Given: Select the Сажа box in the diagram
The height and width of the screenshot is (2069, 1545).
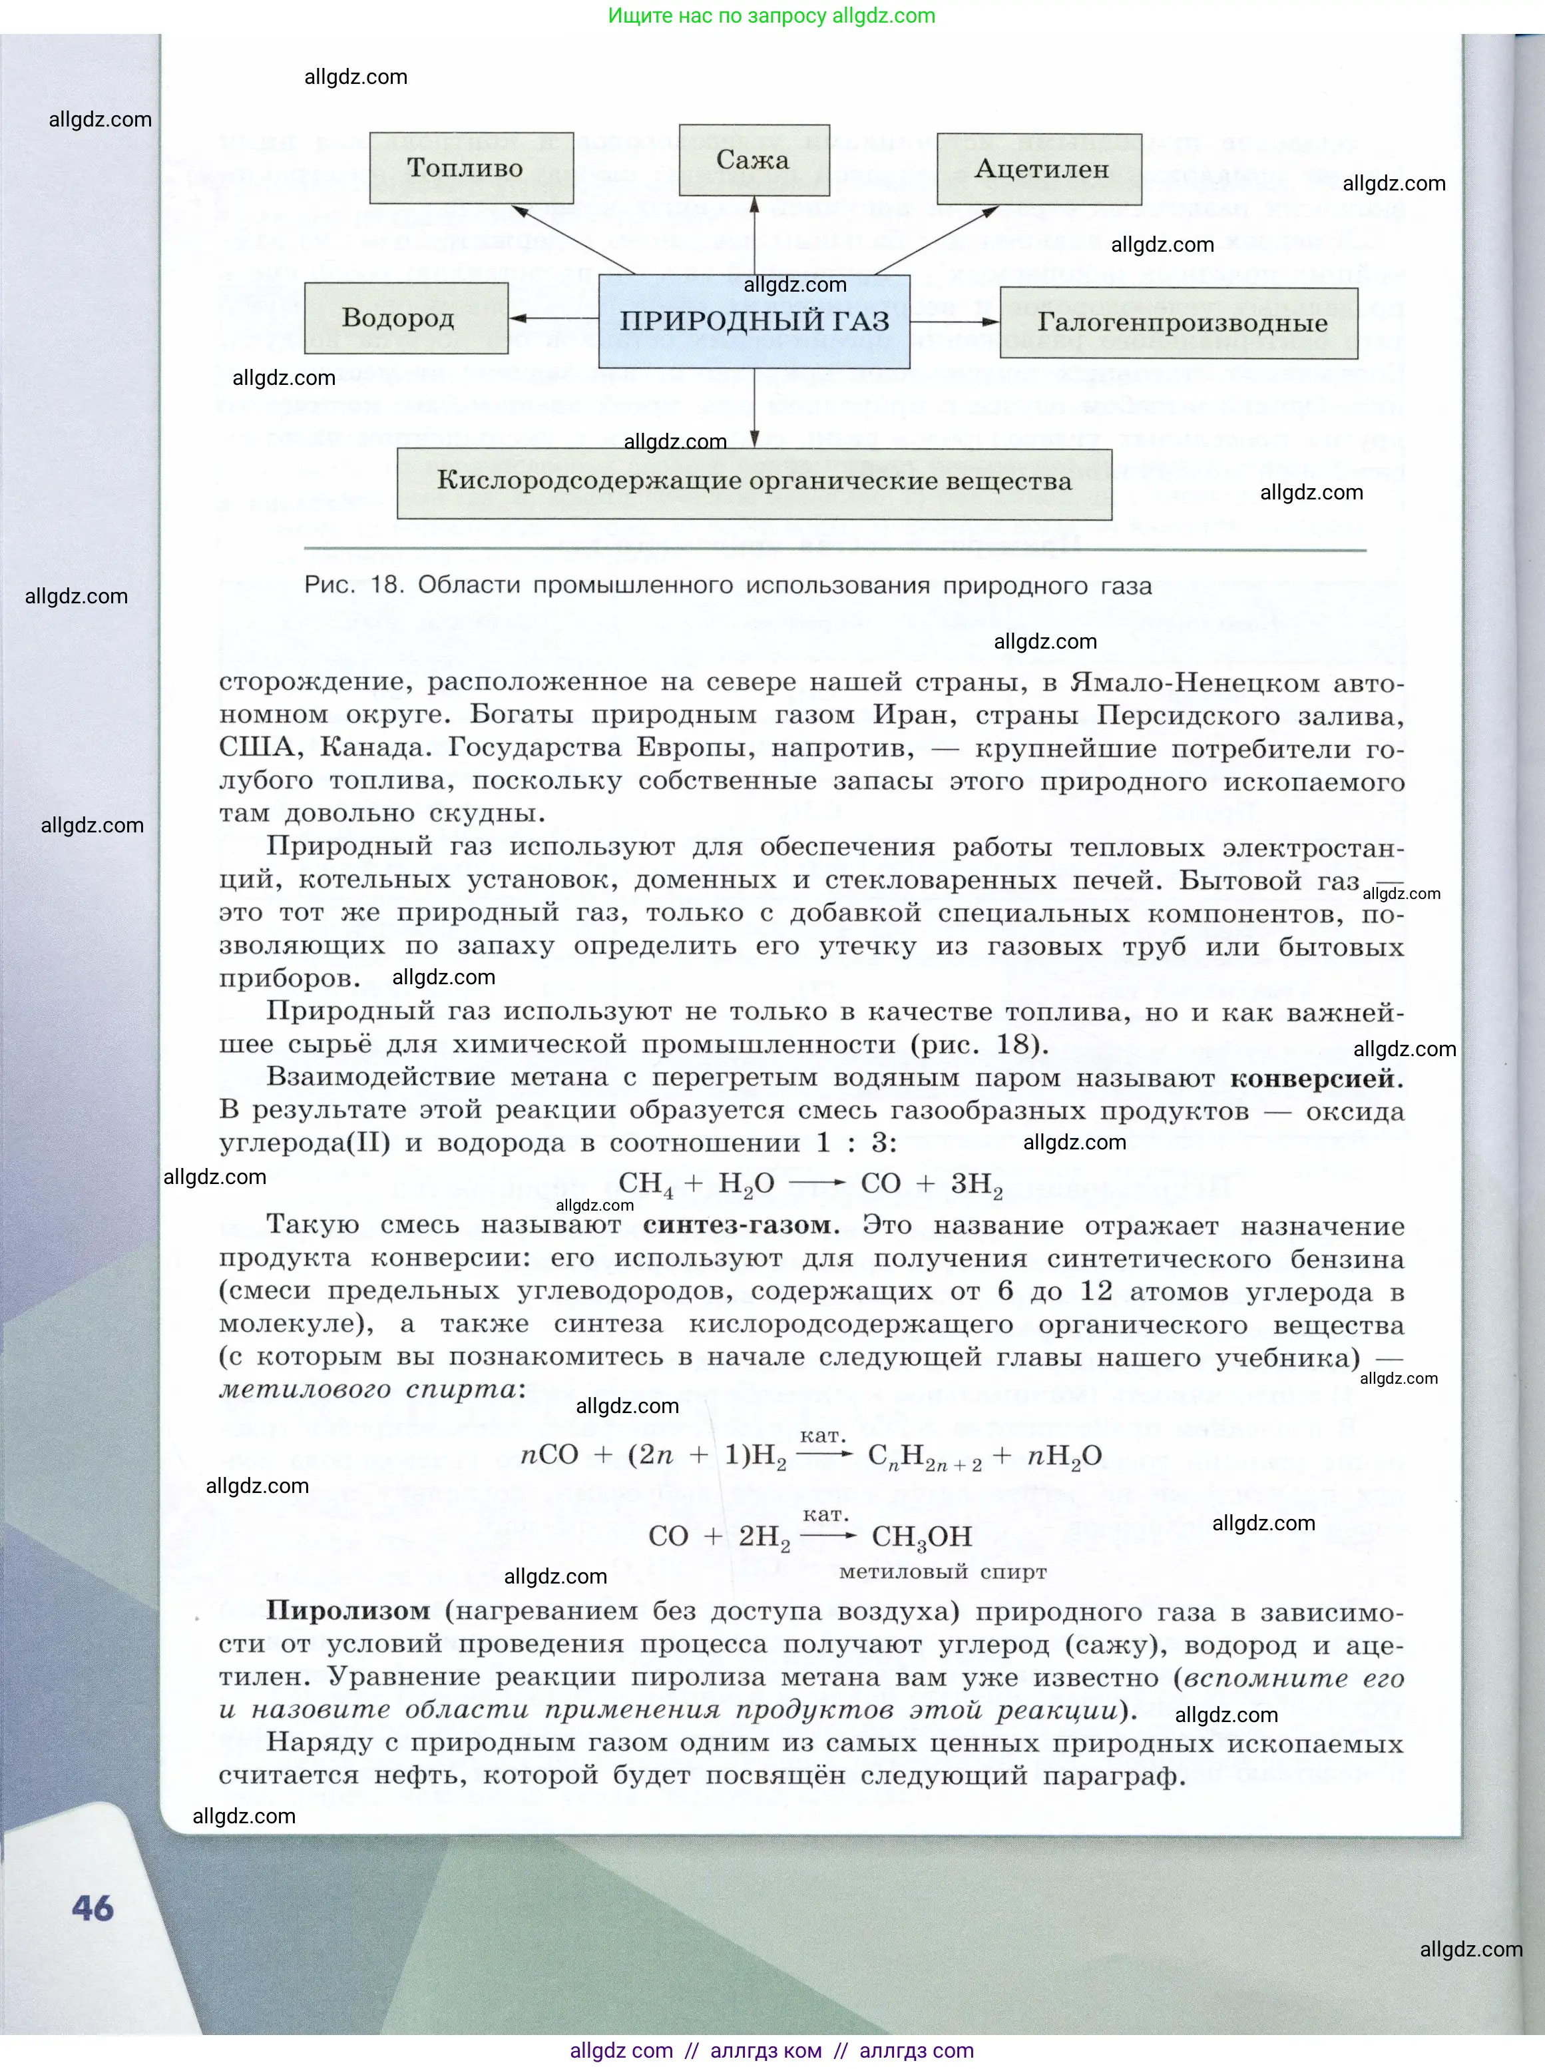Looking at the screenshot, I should tap(754, 160).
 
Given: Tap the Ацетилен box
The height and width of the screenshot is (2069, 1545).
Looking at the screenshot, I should tap(1039, 169).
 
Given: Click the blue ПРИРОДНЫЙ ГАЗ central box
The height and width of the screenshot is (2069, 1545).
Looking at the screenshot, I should tap(754, 322).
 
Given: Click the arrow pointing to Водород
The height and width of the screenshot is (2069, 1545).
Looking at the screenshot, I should tap(552, 319).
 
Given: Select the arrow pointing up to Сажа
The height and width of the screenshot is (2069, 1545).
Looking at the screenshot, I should tap(754, 234).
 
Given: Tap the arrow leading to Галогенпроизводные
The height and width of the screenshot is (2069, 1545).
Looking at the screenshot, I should tap(954, 322).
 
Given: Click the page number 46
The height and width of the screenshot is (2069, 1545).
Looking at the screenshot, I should tap(93, 1908).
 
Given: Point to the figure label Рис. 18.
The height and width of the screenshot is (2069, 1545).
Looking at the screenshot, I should tap(353, 585).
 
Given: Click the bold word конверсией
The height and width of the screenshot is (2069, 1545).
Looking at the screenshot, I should tap(1316, 1079).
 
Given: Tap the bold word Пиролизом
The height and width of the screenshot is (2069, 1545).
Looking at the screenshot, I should tap(348, 1611).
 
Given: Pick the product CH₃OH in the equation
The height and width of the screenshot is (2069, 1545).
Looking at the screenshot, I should tap(921, 1537).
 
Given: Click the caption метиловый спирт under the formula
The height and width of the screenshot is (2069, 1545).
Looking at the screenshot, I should tap(943, 1572).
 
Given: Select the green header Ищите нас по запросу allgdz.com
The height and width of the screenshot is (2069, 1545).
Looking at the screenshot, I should tap(772, 16).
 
